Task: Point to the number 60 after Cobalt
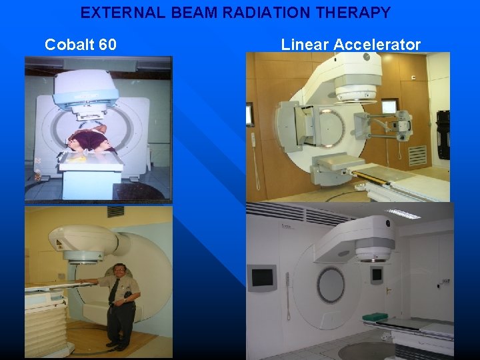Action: [x=107, y=45]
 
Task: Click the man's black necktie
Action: [x=115, y=289]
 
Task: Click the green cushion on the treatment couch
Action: [x=378, y=316]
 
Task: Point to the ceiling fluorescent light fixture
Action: [x=403, y=213]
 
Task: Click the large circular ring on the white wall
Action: [x=331, y=284]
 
